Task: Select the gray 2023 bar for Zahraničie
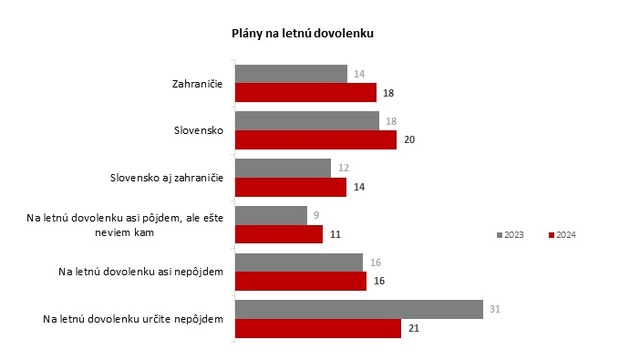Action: [x=291, y=73]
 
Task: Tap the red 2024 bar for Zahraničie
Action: [x=305, y=92]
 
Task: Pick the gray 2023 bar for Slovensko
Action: [x=307, y=120]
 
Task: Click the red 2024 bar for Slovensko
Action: [x=315, y=139]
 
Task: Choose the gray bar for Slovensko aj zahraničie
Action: [x=282, y=167]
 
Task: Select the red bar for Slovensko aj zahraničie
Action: [x=290, y=186]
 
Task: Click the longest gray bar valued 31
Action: [x=358, y=309]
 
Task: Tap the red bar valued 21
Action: [x=317, y=328]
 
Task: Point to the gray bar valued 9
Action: [x=270, y=215]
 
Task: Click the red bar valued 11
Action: [x=278, y=234]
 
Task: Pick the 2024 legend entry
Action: [x=564, y=235]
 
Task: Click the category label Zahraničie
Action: [x=196, y=83]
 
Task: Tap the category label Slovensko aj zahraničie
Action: [x=165, y=178]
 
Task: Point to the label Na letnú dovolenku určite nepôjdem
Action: [x=132, y=319]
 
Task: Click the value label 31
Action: [x=494, y=309]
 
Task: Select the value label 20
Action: [x=409, y=140]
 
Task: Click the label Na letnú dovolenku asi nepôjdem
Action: [x=140, y=271]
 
